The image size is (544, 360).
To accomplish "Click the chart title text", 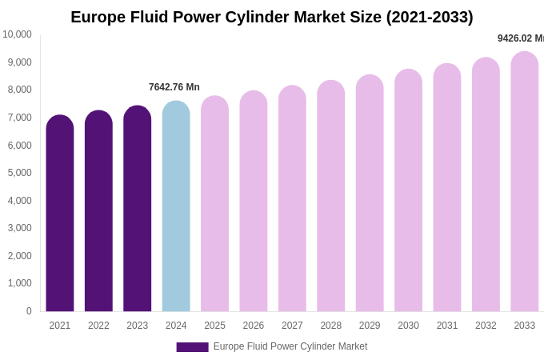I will [x=272, y=17].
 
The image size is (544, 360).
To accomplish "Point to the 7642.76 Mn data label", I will [x=174, y=87].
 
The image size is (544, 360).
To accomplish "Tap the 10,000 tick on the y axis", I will [x=17, y=34].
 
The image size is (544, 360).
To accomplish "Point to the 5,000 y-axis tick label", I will [x=19, y=173].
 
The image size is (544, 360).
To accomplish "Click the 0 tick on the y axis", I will [x=29, y=311].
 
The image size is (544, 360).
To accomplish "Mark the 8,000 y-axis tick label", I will [x=19, y=90].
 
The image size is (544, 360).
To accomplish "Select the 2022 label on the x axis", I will [x=98, y=326].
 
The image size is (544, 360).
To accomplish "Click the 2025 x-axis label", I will [x=214, y=326].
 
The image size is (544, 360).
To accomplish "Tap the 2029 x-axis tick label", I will [x=370, y=326].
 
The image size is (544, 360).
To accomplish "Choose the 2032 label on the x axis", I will [x=486, y=326].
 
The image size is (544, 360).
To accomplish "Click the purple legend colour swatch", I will [x=192, y=347].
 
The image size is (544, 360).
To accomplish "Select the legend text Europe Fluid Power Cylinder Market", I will [x=290, y=346].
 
